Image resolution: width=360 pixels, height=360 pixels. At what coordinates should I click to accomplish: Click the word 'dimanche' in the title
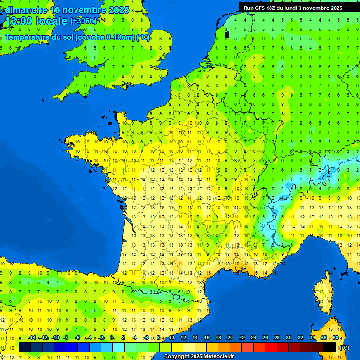[x=26, y=10]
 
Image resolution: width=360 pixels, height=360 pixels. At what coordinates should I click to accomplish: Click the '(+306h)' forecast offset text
[x=83, y=21]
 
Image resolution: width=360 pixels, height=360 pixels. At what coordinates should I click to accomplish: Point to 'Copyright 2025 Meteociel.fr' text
[x=199, y=356]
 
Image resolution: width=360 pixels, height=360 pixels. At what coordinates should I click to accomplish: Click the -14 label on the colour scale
[x=32, y=338]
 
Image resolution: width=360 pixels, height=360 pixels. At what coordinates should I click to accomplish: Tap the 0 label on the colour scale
[x=112, y=338]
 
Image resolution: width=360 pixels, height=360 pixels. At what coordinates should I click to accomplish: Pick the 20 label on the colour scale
[x=230, y=338]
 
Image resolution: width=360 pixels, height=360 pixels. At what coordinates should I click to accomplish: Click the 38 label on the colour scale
[x=335, y=338]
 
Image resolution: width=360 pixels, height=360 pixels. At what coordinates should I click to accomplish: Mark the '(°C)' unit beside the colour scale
[x=344, y=347]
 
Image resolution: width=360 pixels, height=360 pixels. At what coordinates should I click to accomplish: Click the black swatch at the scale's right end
[x=330, y=347]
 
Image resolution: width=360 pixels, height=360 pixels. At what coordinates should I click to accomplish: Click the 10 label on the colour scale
[x=171, y=338]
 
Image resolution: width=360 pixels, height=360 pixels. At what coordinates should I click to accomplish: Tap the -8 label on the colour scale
[x=66, y=338]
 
